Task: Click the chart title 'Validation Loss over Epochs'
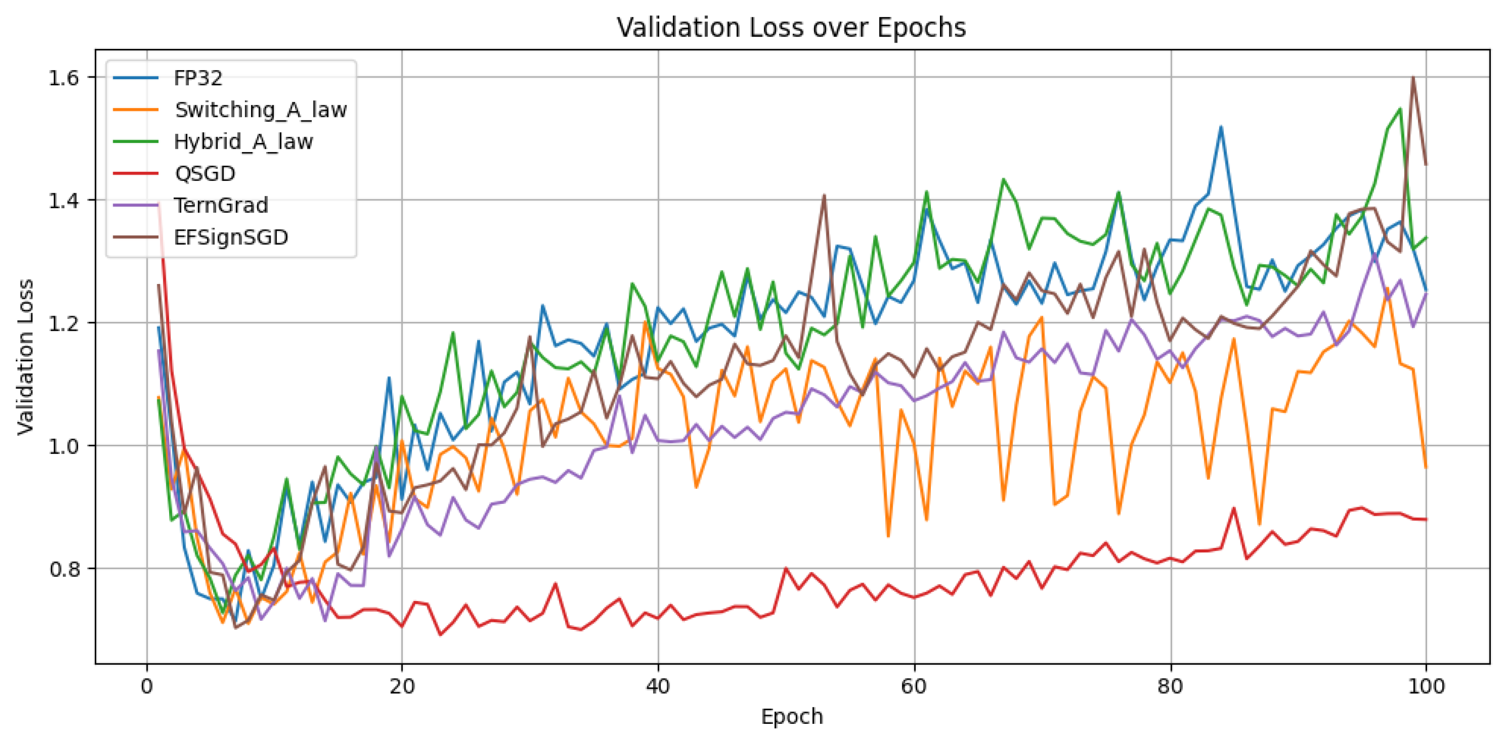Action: coord(791,27)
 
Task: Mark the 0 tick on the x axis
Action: coord(147,687)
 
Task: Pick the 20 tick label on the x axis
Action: coord(402,687)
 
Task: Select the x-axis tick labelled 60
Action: coord(914,687)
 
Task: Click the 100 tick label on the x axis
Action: coord(1426,687)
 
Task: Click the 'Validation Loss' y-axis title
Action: coord(26,357)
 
